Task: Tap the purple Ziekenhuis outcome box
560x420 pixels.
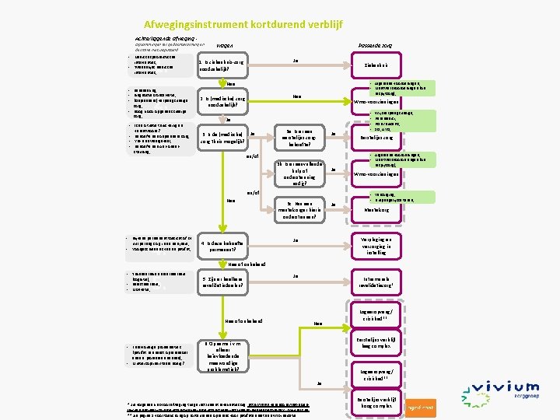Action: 370,66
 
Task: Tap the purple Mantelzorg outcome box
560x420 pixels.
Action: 370,209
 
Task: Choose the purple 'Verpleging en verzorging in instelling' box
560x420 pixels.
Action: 370,246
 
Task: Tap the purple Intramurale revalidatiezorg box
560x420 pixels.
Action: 370,282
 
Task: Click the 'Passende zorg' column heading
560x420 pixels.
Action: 375,46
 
